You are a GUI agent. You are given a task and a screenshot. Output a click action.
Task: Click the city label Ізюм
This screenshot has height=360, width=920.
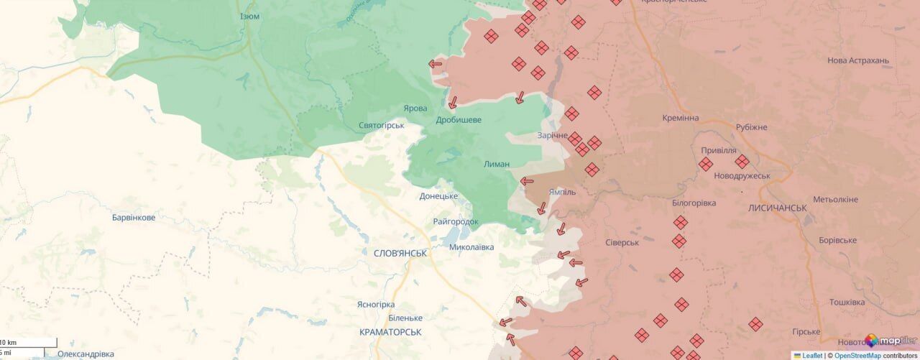249,16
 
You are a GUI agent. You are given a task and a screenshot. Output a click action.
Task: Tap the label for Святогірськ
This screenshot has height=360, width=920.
382,125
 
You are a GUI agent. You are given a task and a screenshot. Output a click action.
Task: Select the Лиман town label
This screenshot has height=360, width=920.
497,164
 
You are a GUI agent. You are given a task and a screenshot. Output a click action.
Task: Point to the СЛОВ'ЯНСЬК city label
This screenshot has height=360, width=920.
400,253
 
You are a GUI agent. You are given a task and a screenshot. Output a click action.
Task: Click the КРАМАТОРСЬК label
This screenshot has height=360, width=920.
390,332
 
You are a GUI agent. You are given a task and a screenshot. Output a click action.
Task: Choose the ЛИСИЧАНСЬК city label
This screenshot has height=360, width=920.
778,208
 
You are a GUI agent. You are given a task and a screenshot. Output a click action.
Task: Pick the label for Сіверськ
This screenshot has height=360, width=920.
622,242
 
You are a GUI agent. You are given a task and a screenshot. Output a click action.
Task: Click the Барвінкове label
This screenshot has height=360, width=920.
134,217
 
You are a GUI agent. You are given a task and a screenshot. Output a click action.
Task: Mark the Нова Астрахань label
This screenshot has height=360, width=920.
858,60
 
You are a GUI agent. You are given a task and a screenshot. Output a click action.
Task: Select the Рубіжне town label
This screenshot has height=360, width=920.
751,127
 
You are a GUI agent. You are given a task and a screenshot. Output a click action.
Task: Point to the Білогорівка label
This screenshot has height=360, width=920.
694,203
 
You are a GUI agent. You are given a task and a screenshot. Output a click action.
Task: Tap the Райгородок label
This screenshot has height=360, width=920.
456,221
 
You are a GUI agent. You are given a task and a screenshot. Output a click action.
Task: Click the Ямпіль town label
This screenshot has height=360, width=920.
562,193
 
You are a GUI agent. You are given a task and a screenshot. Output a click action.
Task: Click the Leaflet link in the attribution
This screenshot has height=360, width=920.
811,355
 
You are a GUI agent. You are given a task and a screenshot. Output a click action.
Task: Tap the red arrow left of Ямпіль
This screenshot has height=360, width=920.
527,181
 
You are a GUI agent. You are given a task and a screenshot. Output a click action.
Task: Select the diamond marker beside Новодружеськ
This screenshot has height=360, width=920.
742,162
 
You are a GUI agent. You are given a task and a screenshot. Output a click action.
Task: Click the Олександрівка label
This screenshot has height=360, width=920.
86,354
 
